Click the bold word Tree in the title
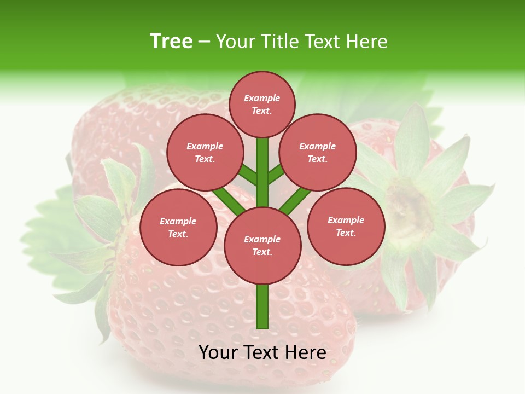(171, 42)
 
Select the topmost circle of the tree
(262, 104)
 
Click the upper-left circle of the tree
(205, 152)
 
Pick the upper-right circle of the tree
(317, 152)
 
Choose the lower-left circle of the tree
(178, 227)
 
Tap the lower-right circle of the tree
(346, 226)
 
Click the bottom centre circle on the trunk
(262, 245)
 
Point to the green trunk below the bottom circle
(262, 306)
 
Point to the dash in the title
(204, 42)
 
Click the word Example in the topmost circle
(261, 98)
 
